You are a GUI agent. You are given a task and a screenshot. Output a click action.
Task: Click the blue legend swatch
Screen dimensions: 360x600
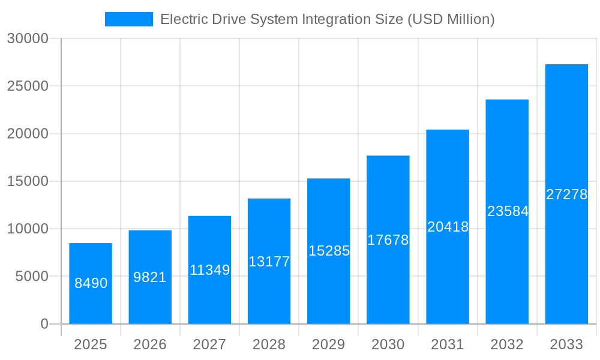pos(128,19)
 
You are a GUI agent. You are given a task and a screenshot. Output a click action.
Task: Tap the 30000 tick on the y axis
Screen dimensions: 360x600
pos(28,38)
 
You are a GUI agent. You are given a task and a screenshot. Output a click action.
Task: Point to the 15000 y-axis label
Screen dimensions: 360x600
pos(28,181)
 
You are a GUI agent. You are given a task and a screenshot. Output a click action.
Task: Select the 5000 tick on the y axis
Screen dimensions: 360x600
pos(31,277)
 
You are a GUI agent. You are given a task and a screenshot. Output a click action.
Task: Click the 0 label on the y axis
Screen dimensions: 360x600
pos(44,324)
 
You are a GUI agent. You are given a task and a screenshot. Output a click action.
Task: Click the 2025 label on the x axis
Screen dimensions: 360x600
pos(91,344)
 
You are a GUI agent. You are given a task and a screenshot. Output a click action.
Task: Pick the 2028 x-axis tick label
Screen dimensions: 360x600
pos(269,344)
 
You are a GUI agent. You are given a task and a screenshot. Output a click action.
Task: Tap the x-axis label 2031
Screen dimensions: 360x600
pos(448,344)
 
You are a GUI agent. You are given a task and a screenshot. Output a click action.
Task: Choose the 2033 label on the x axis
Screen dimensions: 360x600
pos(566,344)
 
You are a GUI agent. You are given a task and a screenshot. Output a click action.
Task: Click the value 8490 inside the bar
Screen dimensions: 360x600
pos(91,283)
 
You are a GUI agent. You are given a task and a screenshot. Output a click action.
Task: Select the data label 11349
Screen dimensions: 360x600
pos(209,270)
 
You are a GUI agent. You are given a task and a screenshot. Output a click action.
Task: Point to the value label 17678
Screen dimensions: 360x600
pos(388,240)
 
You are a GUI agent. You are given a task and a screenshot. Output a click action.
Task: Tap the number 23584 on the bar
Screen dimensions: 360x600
pos(507,211)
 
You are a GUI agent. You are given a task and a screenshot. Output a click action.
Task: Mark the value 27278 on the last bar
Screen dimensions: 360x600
pos(566,194)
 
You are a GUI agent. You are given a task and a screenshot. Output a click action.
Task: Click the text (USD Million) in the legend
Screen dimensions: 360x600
pos(451,19)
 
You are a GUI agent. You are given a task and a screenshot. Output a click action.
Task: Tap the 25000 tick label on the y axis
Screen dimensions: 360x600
pos(28,86)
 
